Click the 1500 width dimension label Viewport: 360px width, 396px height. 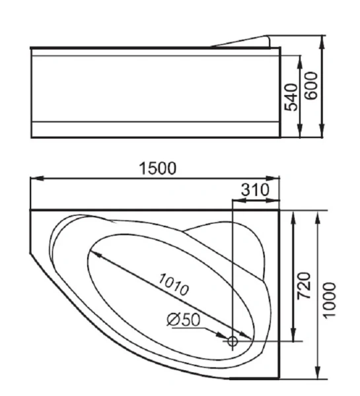(157, 169)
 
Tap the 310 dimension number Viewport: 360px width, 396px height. (256, 189)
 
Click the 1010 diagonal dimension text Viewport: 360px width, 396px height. (174, 284)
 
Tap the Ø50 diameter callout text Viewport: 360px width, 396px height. (183, 319)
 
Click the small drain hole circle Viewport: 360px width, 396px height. (233, 341)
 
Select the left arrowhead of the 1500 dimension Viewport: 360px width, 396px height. (36, 178)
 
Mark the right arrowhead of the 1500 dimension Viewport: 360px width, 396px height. (275, 178)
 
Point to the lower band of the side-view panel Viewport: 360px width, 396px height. (155, 129)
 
